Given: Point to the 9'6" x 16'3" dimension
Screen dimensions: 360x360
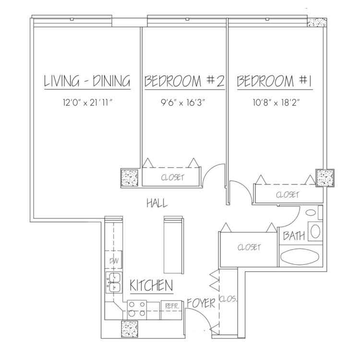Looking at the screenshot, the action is point(183,102).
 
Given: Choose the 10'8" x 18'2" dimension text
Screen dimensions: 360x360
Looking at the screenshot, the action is point(276,102).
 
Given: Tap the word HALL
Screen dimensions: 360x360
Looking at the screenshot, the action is point(157,203).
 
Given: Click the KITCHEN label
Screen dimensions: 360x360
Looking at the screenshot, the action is point(151,286).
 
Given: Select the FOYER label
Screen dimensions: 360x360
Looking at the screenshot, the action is point(201,303).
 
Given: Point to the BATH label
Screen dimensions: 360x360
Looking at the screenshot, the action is point(294,236).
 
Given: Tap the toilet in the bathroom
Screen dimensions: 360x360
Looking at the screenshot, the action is point(315,231).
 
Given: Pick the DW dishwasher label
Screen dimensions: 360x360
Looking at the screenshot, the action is point(114,261).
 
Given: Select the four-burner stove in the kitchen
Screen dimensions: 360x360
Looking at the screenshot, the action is point(137,310).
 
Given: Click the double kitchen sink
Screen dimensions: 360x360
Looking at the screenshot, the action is point(114,282).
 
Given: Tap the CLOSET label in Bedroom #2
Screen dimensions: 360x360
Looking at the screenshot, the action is point(172,177).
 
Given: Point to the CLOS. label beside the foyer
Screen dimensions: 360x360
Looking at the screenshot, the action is point(228,299).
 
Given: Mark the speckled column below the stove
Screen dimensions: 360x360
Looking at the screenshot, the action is point(130,329).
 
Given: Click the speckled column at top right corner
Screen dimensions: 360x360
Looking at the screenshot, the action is point(317,23).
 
